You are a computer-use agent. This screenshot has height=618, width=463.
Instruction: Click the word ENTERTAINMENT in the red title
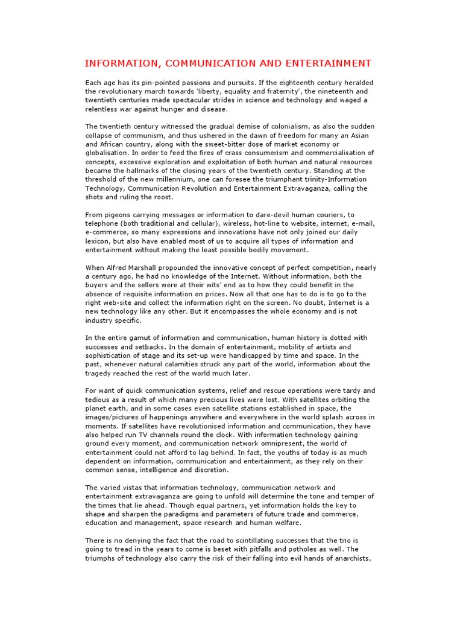328,63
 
